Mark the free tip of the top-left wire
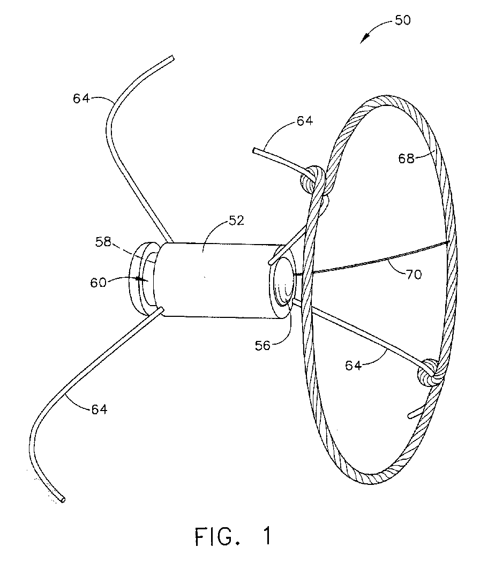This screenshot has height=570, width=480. tap(172, 57)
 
